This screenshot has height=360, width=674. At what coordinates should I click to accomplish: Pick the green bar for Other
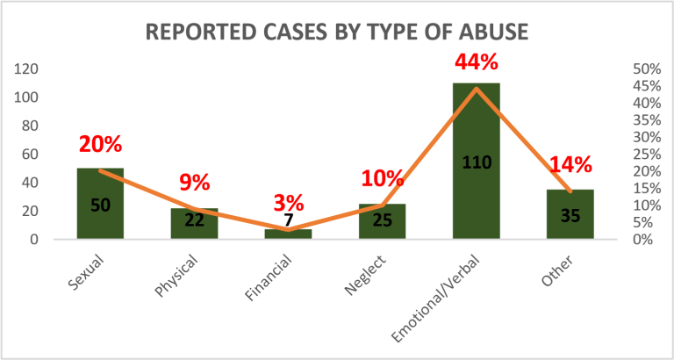pos(570,214)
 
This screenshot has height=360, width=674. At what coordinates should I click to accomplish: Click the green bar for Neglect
pos(382,221)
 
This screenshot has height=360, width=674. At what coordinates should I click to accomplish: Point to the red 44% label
pos(477,63)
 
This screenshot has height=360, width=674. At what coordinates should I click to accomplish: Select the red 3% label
pos(288,204)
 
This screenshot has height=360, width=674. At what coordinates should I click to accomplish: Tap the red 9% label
pos(194,183)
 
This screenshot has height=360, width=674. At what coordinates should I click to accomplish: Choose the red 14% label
pos(570,164)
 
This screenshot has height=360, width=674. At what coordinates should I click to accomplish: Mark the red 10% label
pos(382,178)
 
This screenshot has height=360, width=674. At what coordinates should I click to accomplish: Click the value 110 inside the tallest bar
pos(476,162)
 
